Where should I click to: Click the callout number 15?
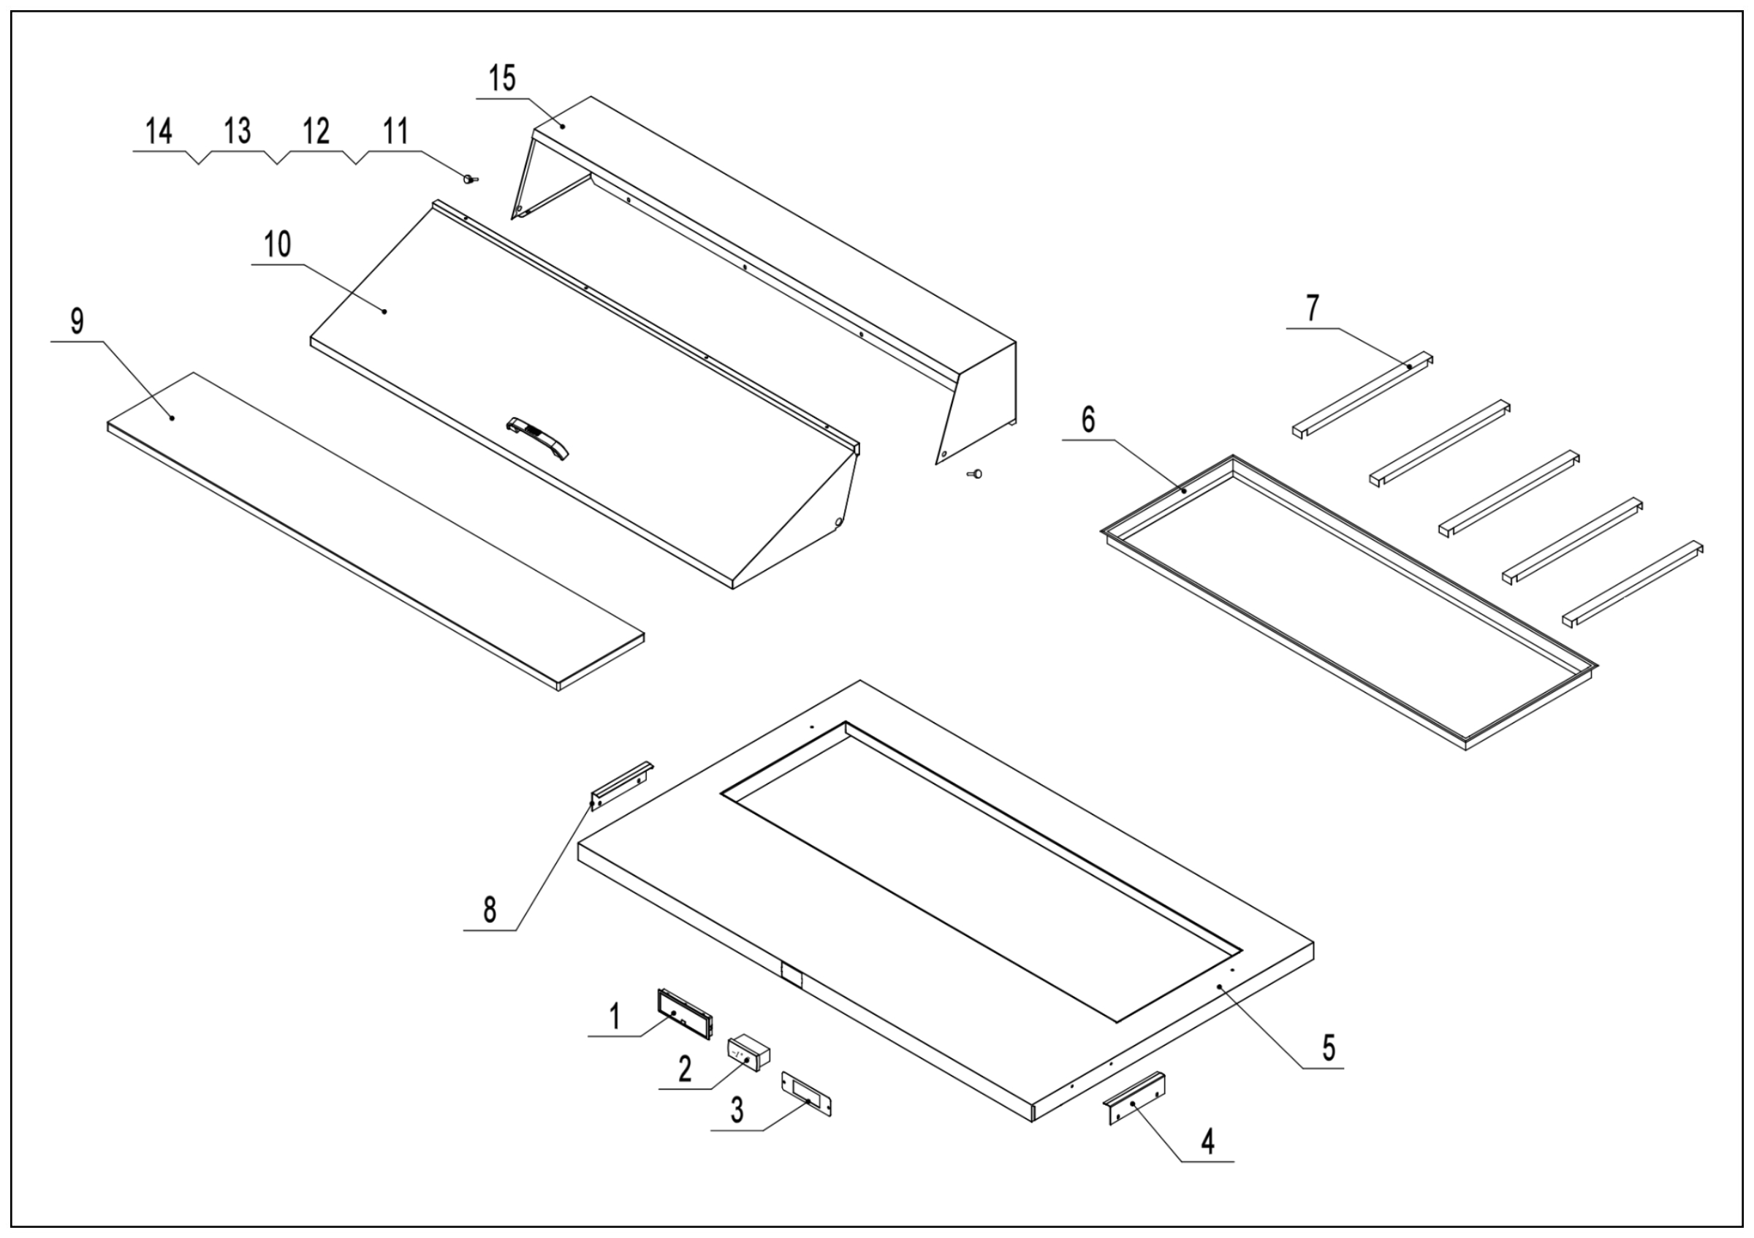(503, 79)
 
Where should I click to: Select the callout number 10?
(277, 245)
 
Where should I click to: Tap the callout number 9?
(77, 322)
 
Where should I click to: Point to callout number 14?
(159, 132)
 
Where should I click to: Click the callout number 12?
(316, 132)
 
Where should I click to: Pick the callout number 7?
(1312, 308)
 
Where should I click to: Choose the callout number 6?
(1088, 420)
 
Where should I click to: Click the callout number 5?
(1329, 1049)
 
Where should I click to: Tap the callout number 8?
(490, 911)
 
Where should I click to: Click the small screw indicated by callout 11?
(468, 179)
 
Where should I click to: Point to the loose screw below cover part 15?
(974, 474)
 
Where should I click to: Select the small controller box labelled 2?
(748, 1055)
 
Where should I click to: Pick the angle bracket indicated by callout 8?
(621, 784)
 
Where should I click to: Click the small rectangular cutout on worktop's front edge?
(790, 976)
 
